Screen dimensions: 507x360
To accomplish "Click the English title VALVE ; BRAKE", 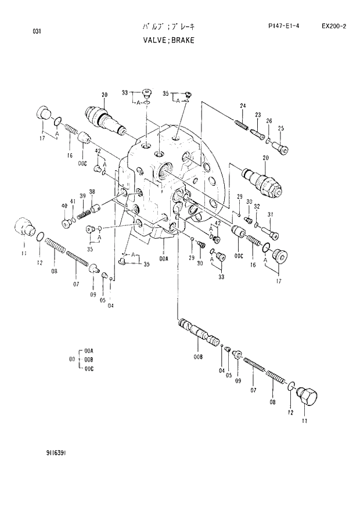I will click(168, 41).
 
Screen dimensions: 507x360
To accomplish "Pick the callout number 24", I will click(243, 105).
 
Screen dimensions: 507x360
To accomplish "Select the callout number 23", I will click(257, 114).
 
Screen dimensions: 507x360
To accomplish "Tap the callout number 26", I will click(269, 121).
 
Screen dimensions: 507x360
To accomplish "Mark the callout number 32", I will click(256, 207).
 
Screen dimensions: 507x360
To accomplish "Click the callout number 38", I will click(92, 192).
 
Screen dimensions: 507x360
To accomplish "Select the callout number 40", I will click(64, 206).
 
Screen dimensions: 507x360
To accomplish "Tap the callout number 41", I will click(73, 202).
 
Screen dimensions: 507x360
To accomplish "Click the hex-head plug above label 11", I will click(307, 398).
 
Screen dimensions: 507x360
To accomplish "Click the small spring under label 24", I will click(242, 124).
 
